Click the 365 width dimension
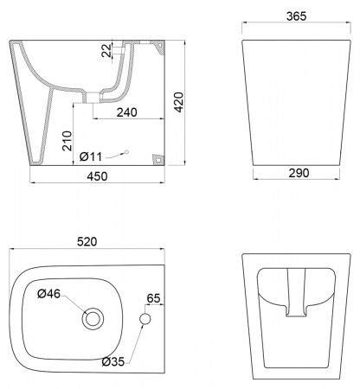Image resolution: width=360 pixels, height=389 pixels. [x=296, y=16]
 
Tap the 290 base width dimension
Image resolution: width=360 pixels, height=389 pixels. [x=299, y=173]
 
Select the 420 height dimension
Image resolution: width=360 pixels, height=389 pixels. [x=179, y=102]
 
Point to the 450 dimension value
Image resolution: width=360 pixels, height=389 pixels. [x=97, y=176]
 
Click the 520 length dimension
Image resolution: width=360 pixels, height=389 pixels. [x=87, y=241]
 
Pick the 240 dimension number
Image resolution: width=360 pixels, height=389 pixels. [x=127, y=112]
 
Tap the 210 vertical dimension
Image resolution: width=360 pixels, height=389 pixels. [x=67, y=141]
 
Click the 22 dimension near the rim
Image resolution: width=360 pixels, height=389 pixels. [x=106, y=50]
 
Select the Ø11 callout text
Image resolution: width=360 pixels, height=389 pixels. [x=91, y=156]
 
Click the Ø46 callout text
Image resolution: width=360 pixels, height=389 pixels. [x=49, y=294]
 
